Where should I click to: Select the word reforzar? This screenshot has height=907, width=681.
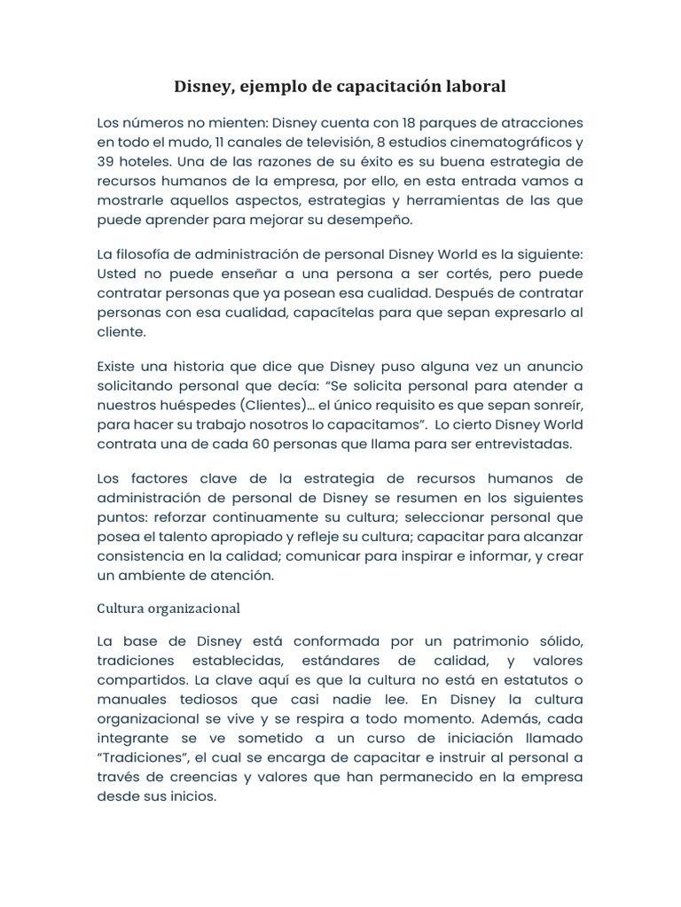183,517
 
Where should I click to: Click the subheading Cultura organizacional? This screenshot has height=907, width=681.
168,609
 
